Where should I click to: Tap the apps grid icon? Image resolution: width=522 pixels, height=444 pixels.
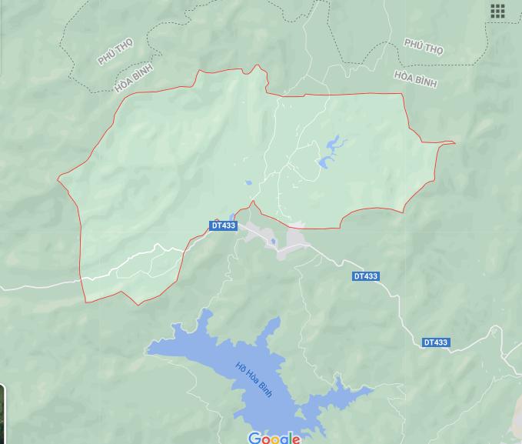(x=497, y=11)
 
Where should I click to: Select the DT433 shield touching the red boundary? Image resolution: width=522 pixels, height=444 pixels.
(x=223, y=225)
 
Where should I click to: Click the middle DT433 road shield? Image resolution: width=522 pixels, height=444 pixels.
(x=366, y=276)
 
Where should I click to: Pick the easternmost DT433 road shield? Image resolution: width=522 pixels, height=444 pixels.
(x=435, y=342)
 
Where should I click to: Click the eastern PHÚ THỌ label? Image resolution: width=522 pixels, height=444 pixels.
(x=424, y=48)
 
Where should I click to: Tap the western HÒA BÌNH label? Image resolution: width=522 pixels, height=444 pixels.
(x=134, y=78)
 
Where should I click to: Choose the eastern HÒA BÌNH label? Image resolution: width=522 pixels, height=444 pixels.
(x=414, y=78)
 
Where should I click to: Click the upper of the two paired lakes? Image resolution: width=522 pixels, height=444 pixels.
(x=335, y=143)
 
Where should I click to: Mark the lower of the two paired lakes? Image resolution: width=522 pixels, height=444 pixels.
(x=324, y=162)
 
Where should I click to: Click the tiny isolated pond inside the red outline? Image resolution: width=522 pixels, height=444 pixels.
(x=248, y=183)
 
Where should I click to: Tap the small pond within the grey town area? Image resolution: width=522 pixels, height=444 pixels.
(x=273, y=242)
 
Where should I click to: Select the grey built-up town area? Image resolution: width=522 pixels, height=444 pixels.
(x=292, y=239)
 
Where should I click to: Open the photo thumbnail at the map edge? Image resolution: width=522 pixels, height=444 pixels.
(x=2, y=412)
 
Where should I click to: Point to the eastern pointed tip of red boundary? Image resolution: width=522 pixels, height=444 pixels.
(x=454, y=142)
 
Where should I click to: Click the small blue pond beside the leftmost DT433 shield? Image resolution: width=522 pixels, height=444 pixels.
(x=232, y=217)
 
